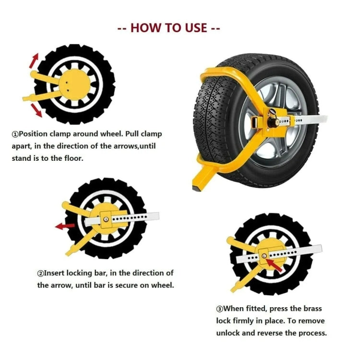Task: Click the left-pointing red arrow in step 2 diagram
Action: coord(64,226)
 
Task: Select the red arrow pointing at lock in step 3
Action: coord(274,263)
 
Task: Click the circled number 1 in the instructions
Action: coord(15,135)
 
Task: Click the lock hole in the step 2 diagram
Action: coord(105,219)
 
